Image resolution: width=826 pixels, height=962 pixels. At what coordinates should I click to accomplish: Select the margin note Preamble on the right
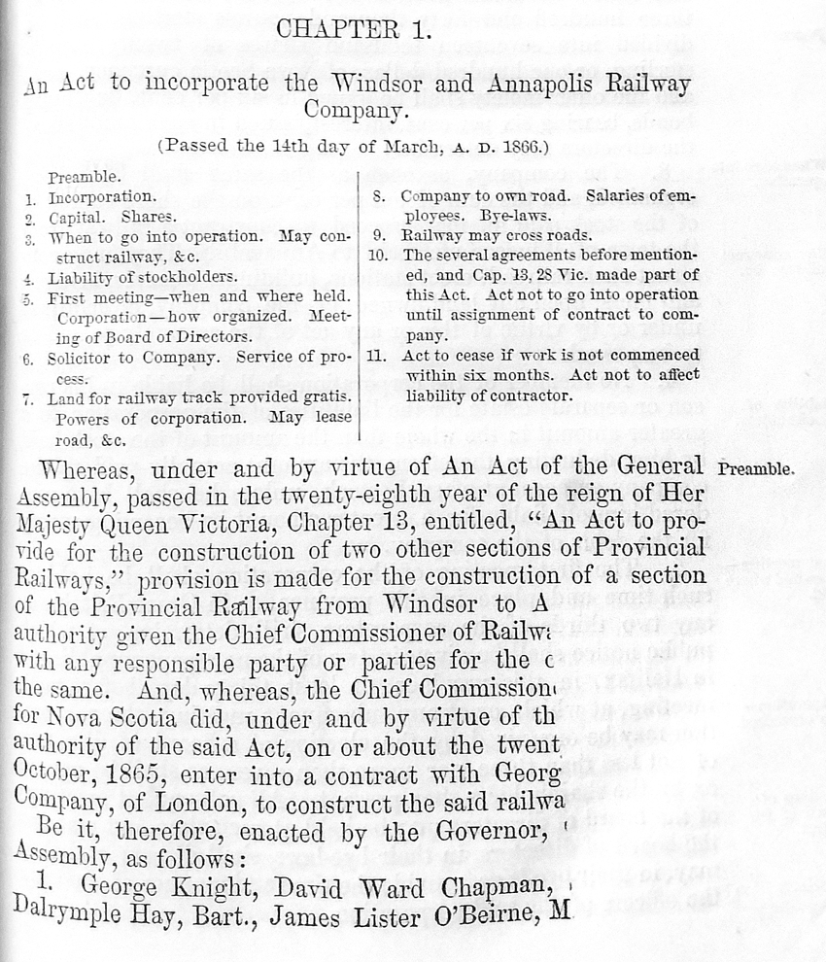757,468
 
